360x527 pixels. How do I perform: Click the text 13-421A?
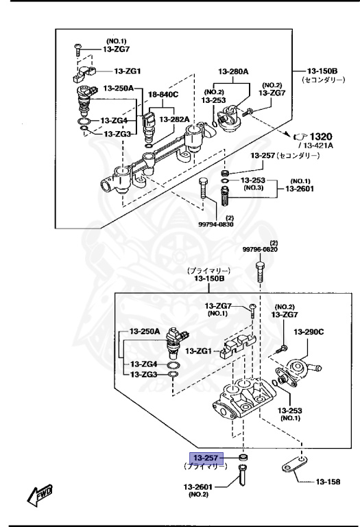pos(314,147)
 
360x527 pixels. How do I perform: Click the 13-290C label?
pos(309,332)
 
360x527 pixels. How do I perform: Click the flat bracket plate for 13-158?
pos(296,471)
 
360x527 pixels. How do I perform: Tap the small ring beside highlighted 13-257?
pos(243,457)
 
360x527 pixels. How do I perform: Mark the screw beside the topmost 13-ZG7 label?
pos(77,48)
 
